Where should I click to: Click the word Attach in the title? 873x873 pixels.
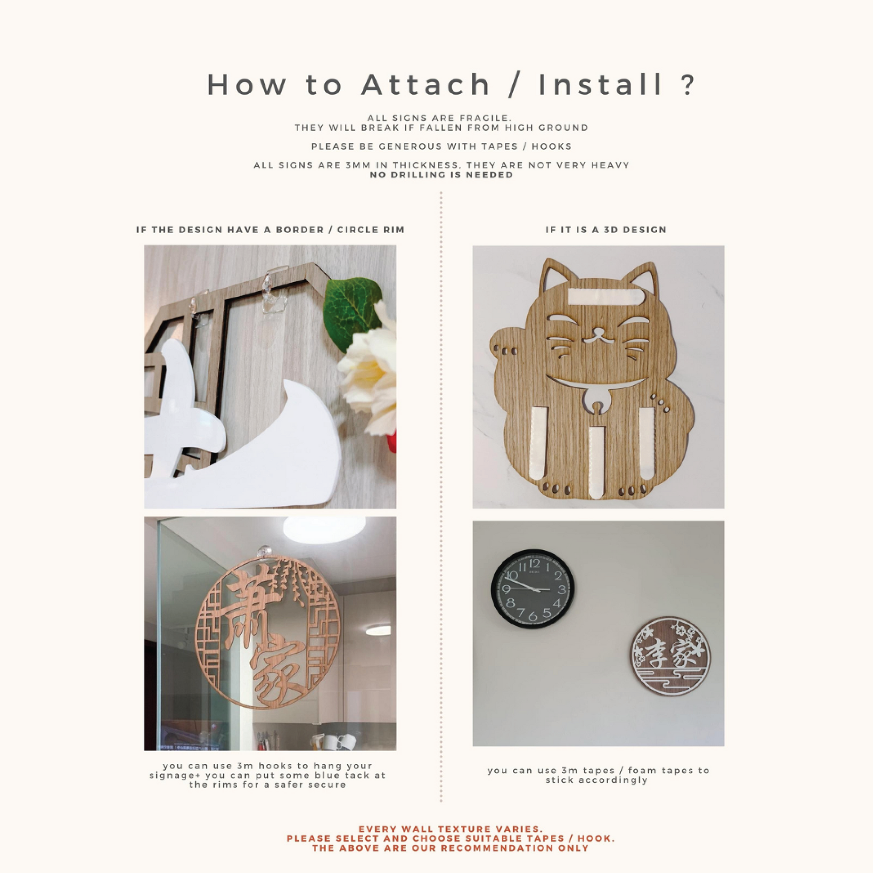[x=426, y=84]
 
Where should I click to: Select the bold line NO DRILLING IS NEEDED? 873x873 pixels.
[x=442, y=175]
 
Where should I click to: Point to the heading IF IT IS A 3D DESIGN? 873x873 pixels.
[x=606, y=230]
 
